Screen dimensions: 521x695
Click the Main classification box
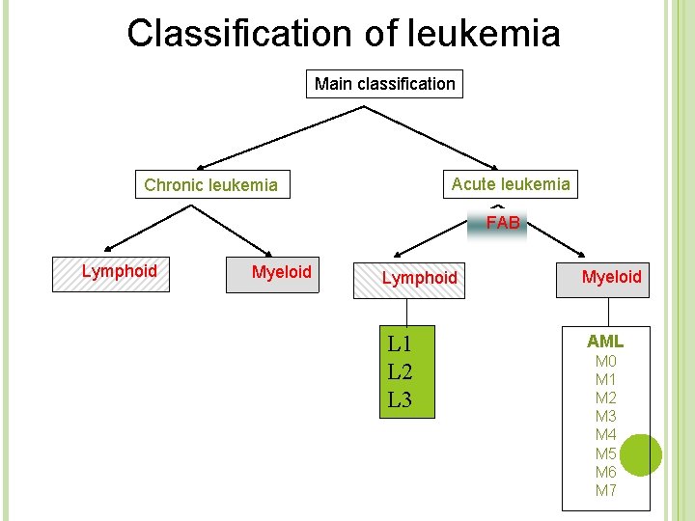[x=384, y=84]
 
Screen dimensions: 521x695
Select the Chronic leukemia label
[x=210, y=185]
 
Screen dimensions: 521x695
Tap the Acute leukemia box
[x=511, y=183]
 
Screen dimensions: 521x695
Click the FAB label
[x=503, y=223]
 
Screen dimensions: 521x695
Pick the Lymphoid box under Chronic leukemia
[x=119, y=272]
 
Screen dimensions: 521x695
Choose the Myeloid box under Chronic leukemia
[x=281, y=272]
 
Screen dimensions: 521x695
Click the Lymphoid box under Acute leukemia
[x=419, y=278]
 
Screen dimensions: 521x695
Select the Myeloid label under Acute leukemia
[x=611, y=277]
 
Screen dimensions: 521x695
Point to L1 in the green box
[x=399, y=343]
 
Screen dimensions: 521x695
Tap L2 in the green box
[x=400, y=371]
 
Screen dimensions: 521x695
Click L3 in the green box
[x=400, y=398]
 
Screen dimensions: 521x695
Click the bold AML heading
[x=605, y=341]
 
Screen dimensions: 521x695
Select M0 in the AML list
[x=605, y=362]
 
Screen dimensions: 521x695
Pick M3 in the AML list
[x=605, y=417]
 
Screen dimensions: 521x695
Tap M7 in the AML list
[x=605, y=490]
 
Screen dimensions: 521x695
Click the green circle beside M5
[x=639, y=454]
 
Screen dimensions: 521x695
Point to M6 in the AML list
[x=605, y=472]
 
